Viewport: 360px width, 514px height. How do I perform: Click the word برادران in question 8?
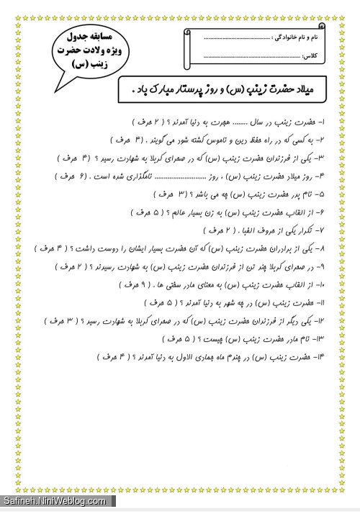click(278, 248)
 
